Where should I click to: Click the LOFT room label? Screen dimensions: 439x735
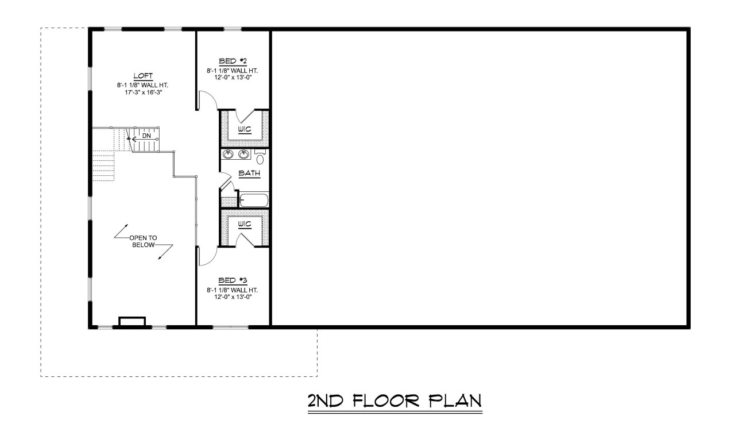(142, 76)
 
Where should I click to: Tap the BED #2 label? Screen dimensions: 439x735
(233, 61)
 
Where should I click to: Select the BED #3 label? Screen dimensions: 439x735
(233, 280)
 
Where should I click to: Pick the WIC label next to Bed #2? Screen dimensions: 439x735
(245, 128)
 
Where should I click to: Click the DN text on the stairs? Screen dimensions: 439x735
(146, 136)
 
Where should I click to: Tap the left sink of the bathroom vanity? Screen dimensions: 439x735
(229, 153)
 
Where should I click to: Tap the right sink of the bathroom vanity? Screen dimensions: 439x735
(244, 153)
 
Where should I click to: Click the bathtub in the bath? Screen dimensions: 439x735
(253, 200)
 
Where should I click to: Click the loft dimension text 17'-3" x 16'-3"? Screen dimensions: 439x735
(142, 92)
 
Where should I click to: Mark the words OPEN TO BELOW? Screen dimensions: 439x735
(143, 241)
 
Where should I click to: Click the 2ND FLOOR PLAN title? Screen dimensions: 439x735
(394, 401)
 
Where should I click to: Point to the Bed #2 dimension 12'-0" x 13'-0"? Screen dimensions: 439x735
(233, 76)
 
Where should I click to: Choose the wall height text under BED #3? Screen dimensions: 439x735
(233, 289)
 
